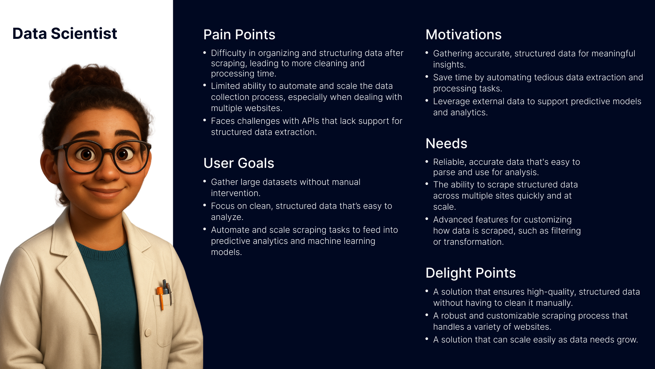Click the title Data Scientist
pos(65,33)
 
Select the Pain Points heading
pos(239,35)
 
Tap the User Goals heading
pos(239,163)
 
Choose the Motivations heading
pos(464,35)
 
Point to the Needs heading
pos(446,143)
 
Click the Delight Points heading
pos(470,273)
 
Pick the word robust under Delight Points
pos(454,316)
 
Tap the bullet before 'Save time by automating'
pos(427,77)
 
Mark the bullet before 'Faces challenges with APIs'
pos(205,120)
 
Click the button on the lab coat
pos(148,332)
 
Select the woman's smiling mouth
pos(104,190)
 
